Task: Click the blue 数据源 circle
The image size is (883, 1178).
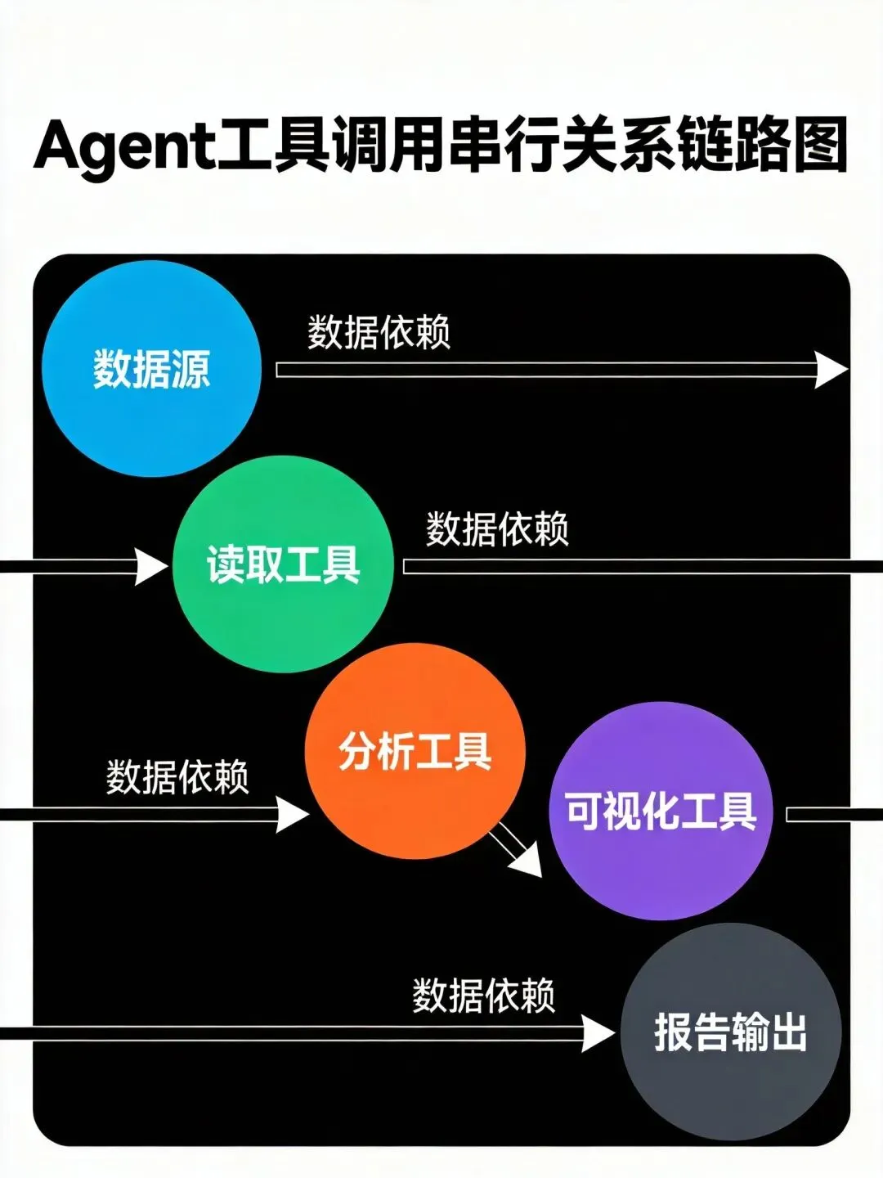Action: (x=151, y=368)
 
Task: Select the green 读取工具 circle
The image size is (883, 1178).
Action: (x=283, y=564)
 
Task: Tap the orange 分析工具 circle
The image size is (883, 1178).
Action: (x=415, y=751)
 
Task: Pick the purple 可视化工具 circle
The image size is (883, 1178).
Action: (x=661, y=811)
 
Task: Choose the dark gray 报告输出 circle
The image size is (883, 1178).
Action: (x=731, y=1032)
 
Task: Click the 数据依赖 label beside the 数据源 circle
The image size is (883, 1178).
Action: (x=379, y=333)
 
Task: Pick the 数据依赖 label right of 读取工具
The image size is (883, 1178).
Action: (x=497, y=529)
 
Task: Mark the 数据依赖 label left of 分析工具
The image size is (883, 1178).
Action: (x=177, y=776)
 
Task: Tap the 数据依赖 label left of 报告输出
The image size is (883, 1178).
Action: (x=484, y=996)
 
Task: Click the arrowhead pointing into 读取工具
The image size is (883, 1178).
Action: (x=151, y=566)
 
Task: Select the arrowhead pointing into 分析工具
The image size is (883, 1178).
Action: (x=292, y=814)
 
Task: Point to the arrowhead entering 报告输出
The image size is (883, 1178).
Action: (x=598, y=1033)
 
